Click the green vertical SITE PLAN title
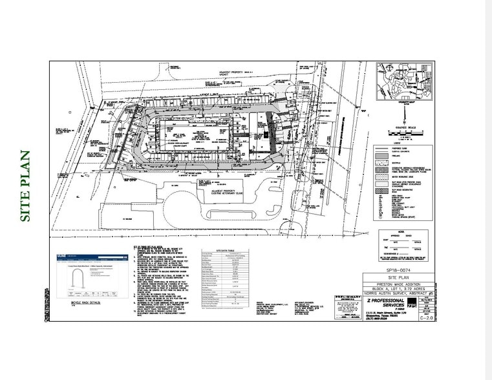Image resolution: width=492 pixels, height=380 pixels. click(26, 186)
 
